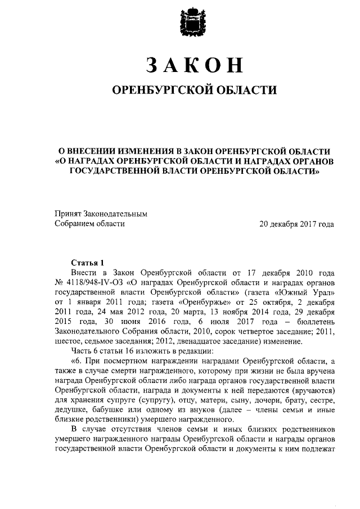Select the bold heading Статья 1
[88, 262]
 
